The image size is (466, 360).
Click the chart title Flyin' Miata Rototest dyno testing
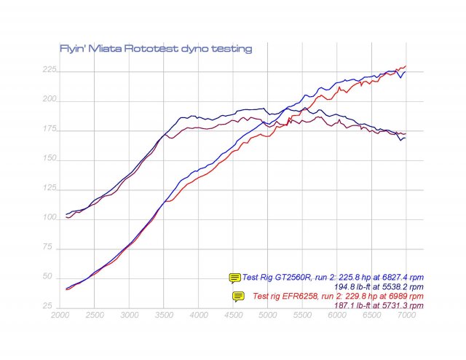[x=155, y=49]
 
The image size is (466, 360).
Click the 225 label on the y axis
[x=50, y=71]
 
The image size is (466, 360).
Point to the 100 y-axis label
[x=50, y=218]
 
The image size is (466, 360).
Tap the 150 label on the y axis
[x=50, y=159]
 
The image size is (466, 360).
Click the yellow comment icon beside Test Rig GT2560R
[x=234, y=278]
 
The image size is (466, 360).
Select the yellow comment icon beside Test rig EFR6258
[x=238, y=296]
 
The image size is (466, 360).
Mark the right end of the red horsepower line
[x=406, y=66]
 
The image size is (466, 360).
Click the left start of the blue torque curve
[x=66, y=214]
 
